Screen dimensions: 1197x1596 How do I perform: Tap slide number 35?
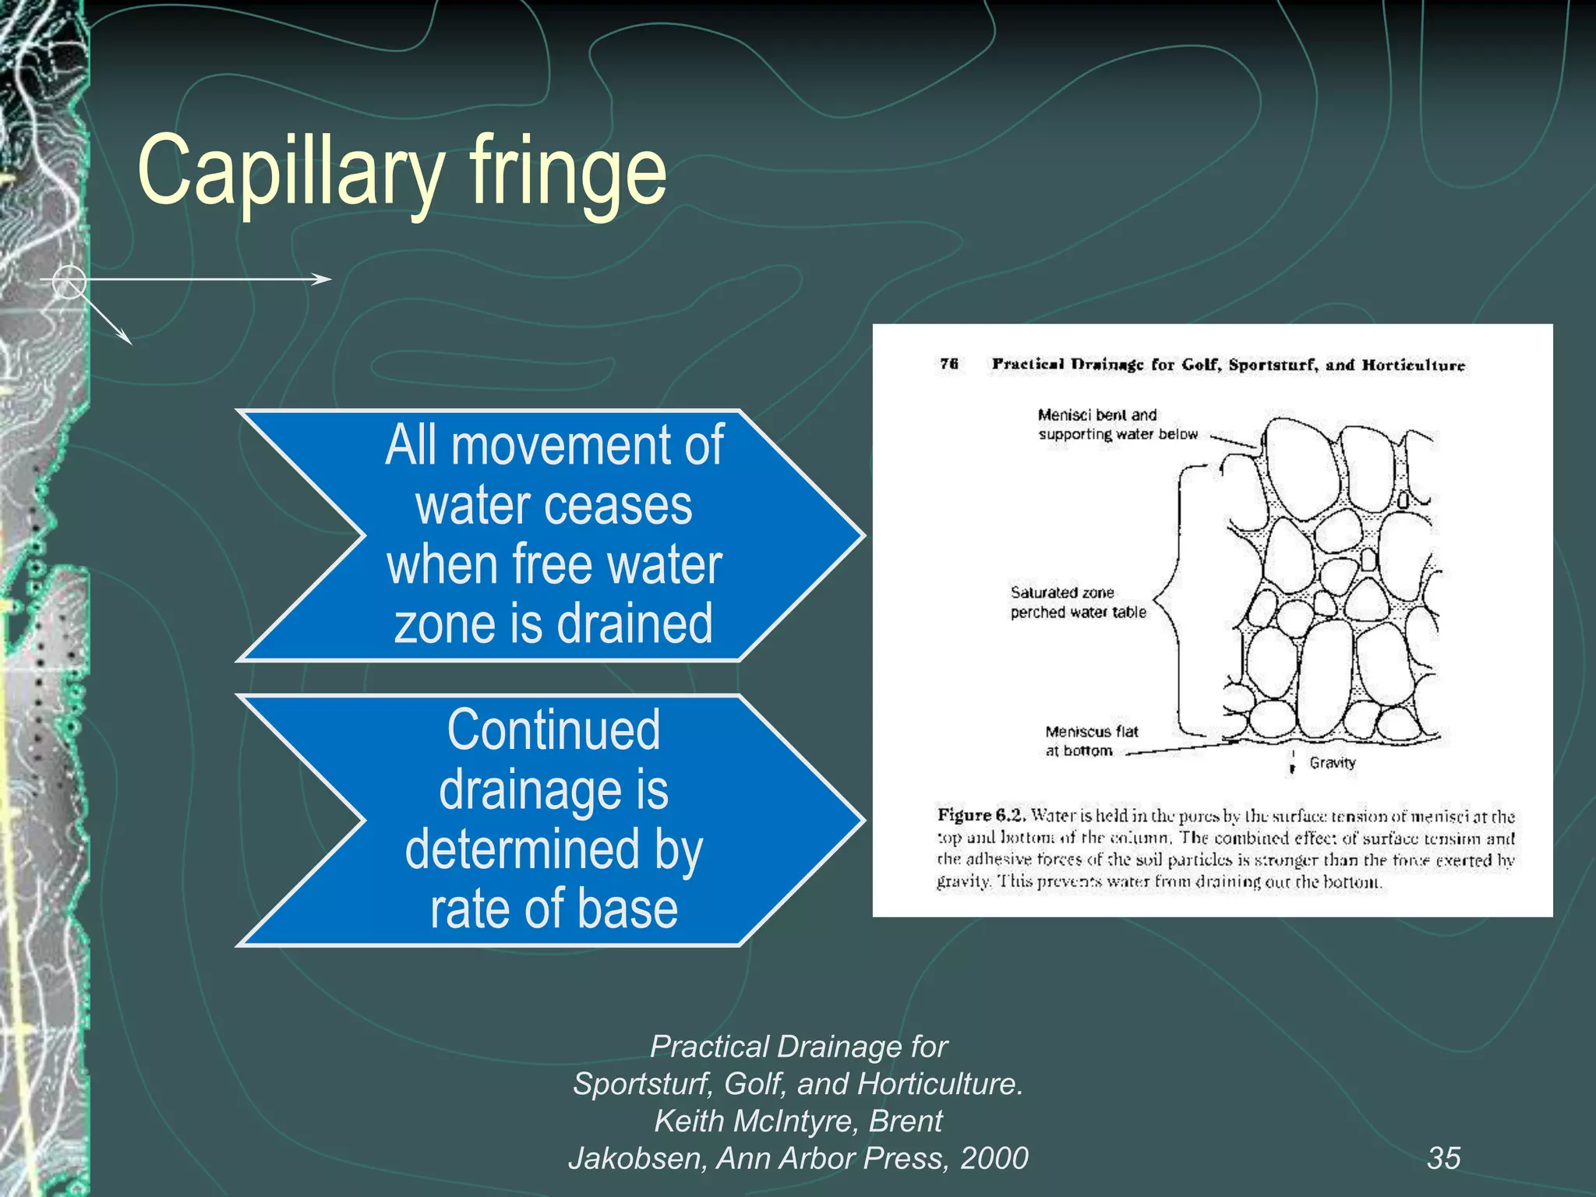[x=1443, y=1158]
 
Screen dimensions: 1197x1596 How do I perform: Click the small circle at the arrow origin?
[x=69, y=281]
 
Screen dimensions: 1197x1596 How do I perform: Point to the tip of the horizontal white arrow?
[x=327, y=279]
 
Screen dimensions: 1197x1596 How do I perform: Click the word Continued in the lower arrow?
[x=554, y=729]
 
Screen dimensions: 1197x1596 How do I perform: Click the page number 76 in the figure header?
[x=948, y=364]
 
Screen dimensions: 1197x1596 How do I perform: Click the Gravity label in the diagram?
[x=1332, y=762]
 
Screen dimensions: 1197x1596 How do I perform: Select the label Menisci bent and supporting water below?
[x=1116, y=425]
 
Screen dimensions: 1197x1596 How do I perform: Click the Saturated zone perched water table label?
[x=1078, y=602]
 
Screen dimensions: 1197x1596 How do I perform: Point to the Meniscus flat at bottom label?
[x=1090, y=741]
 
